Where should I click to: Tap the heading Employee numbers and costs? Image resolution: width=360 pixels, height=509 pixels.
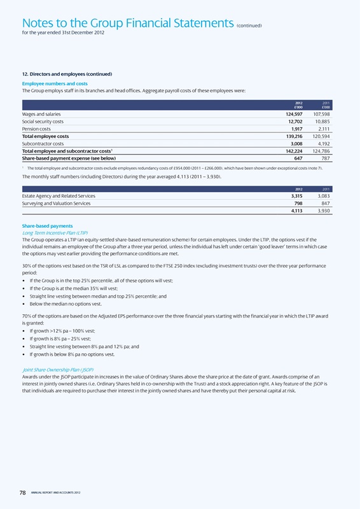55,83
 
